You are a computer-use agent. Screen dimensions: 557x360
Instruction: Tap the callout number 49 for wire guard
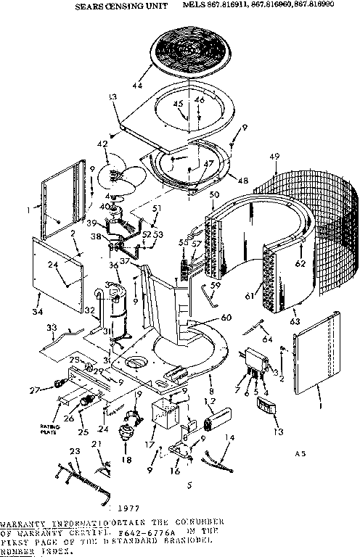tap(274, 157)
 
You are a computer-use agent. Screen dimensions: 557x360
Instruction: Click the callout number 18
tap(129, 459)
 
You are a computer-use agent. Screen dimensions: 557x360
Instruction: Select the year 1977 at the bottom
tap(127, 509)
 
